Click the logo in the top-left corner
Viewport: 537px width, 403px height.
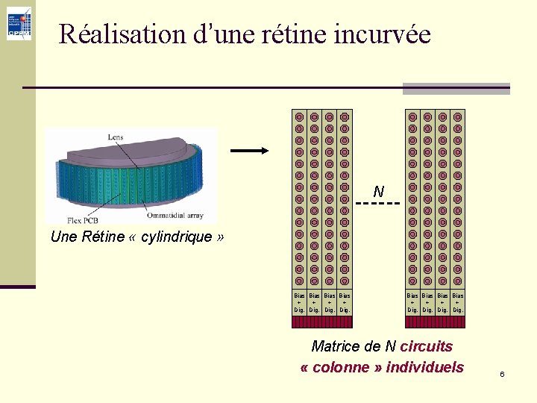point(19,23)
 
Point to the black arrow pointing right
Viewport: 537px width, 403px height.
point(249,151)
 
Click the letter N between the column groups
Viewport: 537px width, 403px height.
point(379,191)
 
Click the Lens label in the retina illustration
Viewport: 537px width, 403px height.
point(116,137)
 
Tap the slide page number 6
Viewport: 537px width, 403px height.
point(502,373)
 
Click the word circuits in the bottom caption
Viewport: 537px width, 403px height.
point(427,346)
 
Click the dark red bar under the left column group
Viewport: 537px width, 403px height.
point(321,322)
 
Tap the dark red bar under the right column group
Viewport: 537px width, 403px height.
point(435,322)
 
